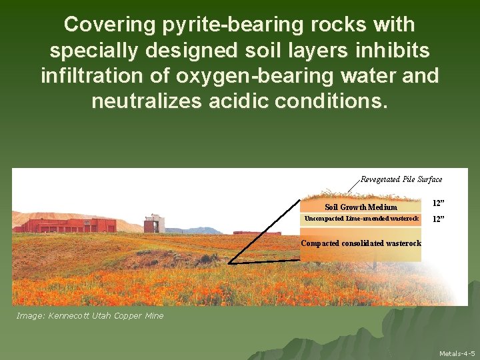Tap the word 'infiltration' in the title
coord(95,76)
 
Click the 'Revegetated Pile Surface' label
coord(401,179)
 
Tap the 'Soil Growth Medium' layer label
coord(361,207)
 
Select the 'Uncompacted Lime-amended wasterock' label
coord(361,219)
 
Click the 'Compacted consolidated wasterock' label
coord(361,243)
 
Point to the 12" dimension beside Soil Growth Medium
coord(438,203)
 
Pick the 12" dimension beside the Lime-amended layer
coord(438,219)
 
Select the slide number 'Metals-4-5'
coord(457,353)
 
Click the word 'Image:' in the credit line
coord(30,315)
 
